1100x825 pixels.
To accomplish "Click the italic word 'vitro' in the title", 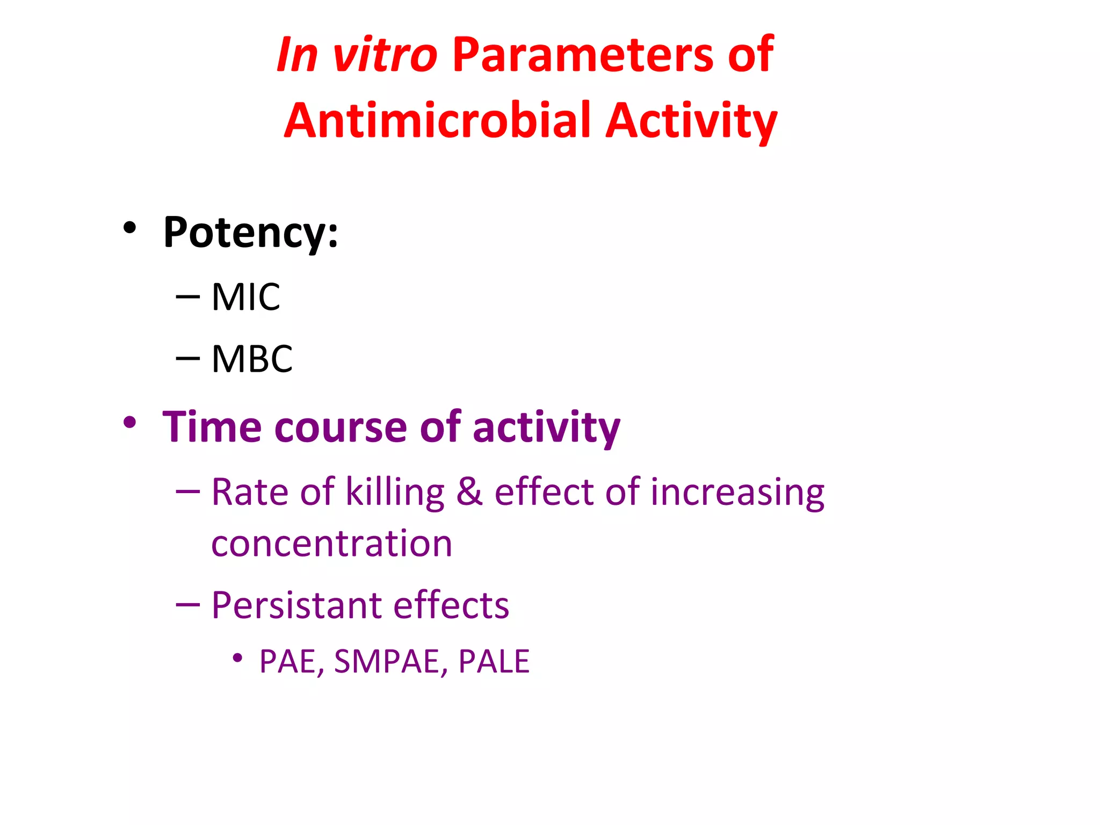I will [385, 55].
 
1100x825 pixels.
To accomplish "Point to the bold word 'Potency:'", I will [250, 232].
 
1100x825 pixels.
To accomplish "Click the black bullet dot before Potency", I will [129, 228].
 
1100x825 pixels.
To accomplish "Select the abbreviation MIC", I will [245, 297].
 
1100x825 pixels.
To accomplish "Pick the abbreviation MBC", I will [252, 359].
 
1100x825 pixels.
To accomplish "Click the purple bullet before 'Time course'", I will [129, 423].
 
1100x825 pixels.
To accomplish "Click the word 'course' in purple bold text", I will [341, 427].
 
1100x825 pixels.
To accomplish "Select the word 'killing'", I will [395, 492].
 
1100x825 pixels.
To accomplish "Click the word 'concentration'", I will [331, 544].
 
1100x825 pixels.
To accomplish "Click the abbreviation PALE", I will [494, 661].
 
